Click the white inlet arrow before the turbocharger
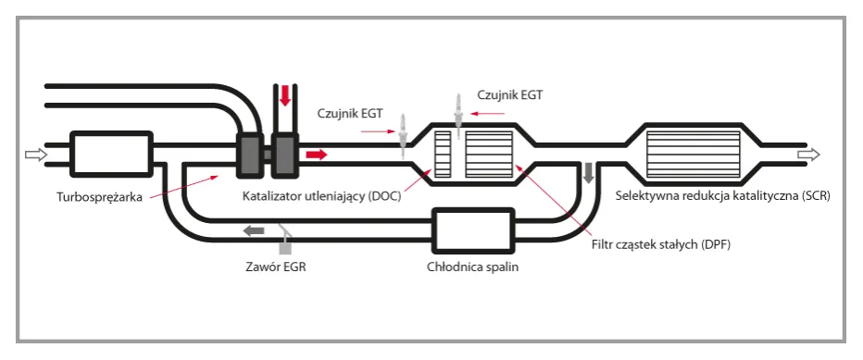pyautogui.click(x=34, y=155)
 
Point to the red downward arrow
pyautogui.click(x=285, y=96)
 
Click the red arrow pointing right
pyautogui.click(x=316, y=155)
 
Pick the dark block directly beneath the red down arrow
pyautogui.click(x=284, y=155)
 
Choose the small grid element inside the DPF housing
pyautogui.click(x=443, y=155)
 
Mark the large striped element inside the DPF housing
pyautogui.click(x=488, y=155)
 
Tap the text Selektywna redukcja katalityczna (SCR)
pyautogui.click(x=720, y=196)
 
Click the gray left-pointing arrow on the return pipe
pyautogui.click(x=253, y=230)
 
